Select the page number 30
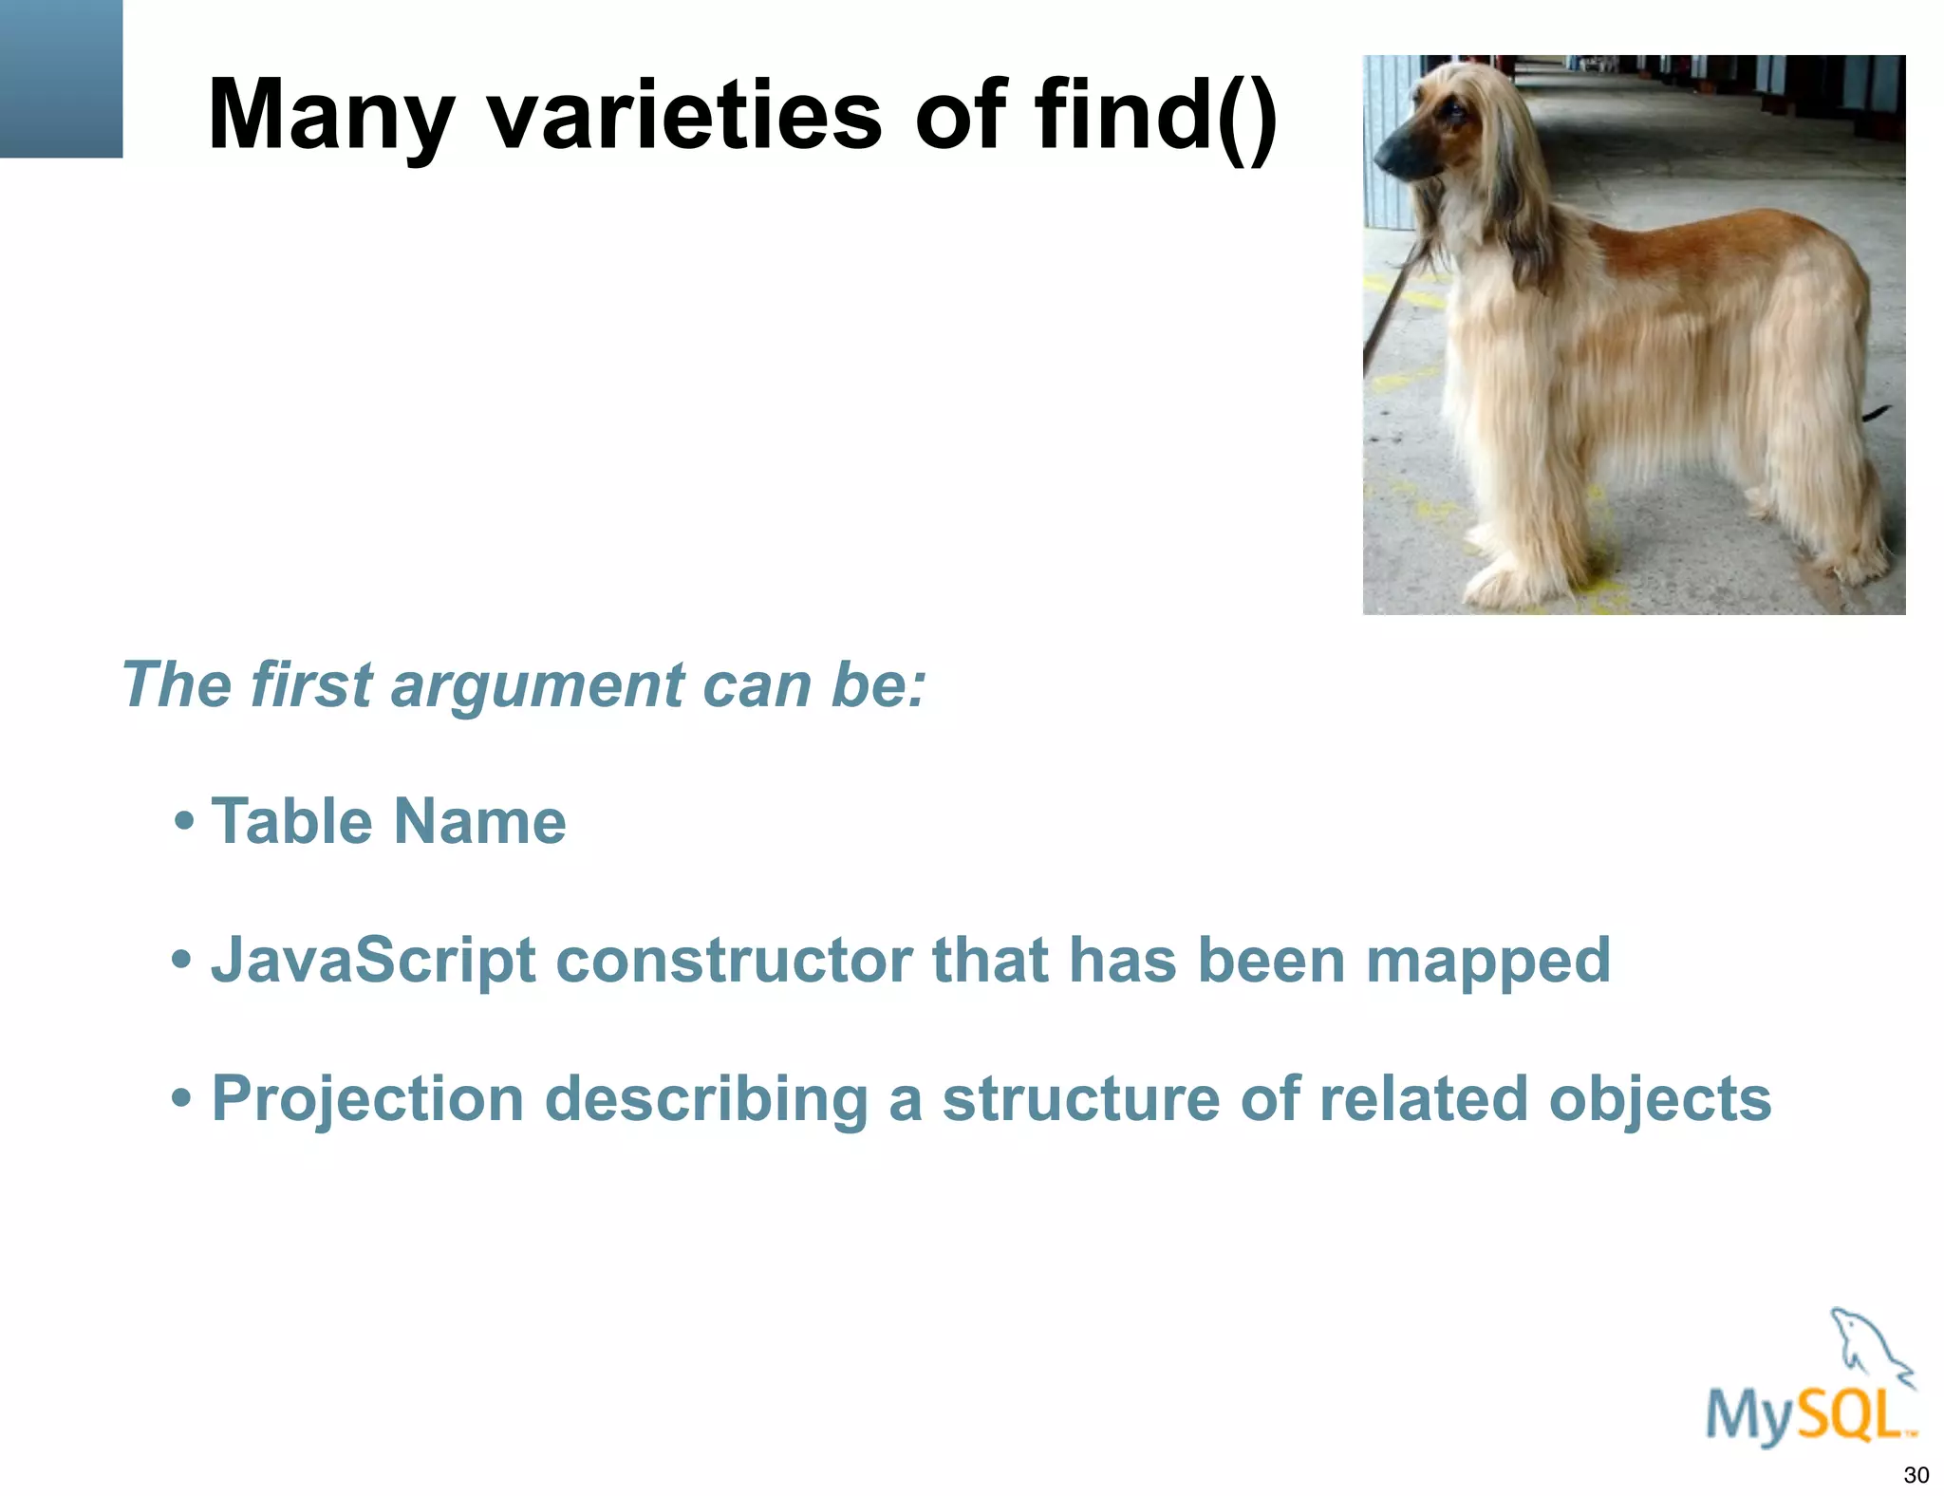[1916, 1475]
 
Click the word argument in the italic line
[537, 684]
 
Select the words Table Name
[388, 821]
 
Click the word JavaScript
[373, 961]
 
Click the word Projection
[367, 1099]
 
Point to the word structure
[1080, 1099]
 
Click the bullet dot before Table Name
[185, 821]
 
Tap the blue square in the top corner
[61, 78]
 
